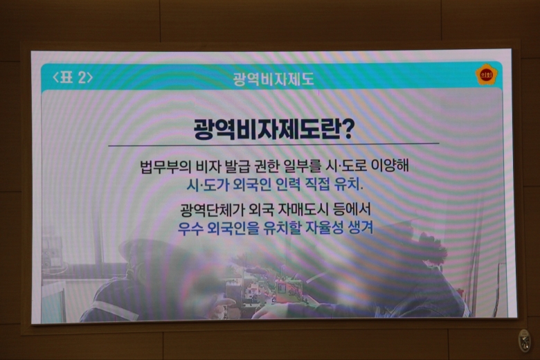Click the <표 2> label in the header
73,77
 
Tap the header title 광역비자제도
273,79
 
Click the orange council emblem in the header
486,75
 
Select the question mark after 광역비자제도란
346,129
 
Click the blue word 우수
190,228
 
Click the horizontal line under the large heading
273,145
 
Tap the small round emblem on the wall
525,341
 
